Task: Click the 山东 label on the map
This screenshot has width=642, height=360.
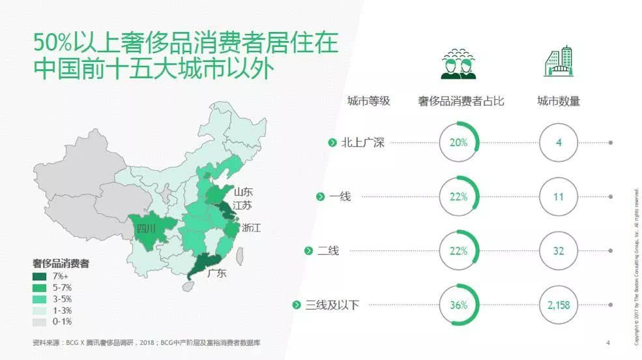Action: (243, 192)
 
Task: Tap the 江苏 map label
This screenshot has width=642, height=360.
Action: (242, 205)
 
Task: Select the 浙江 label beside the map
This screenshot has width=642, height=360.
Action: (252, 228)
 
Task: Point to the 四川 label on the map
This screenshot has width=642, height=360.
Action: (145, 228)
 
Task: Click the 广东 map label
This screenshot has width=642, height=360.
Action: (216, 273)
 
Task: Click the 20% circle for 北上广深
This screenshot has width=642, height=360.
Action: (459, 142)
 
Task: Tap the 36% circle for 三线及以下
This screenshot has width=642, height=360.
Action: (459, 305)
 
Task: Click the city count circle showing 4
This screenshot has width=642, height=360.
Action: (559, 142)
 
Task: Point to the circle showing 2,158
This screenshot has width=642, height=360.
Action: (559, 305)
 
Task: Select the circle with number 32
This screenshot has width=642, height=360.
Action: (559, 251)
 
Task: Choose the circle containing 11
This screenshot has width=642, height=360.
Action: (559, 196)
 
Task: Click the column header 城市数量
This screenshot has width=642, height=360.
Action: (559, 101)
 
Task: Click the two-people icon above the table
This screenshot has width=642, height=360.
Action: (458, 64)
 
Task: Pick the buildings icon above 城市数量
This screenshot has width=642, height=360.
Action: (558, 63)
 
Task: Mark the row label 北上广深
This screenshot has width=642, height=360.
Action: (362, 142)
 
